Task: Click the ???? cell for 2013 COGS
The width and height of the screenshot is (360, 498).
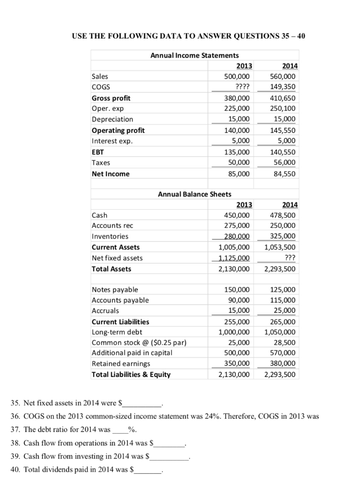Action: [242, 87]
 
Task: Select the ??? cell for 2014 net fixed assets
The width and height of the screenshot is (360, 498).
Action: [290, 258]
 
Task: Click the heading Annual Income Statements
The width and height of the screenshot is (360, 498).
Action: [194, 55]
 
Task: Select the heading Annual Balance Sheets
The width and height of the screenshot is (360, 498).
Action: [195, 194]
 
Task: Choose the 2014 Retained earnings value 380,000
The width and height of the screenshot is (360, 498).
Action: [284, 364]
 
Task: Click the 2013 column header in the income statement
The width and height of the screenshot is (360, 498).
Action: [244, 66]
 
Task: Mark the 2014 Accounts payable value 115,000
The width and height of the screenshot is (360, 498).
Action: [284, 300]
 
